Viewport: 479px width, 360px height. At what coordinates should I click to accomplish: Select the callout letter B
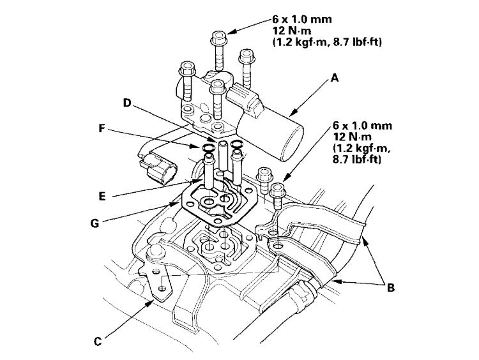(390, 288)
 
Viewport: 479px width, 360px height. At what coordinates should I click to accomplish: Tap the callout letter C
(98, 341)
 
